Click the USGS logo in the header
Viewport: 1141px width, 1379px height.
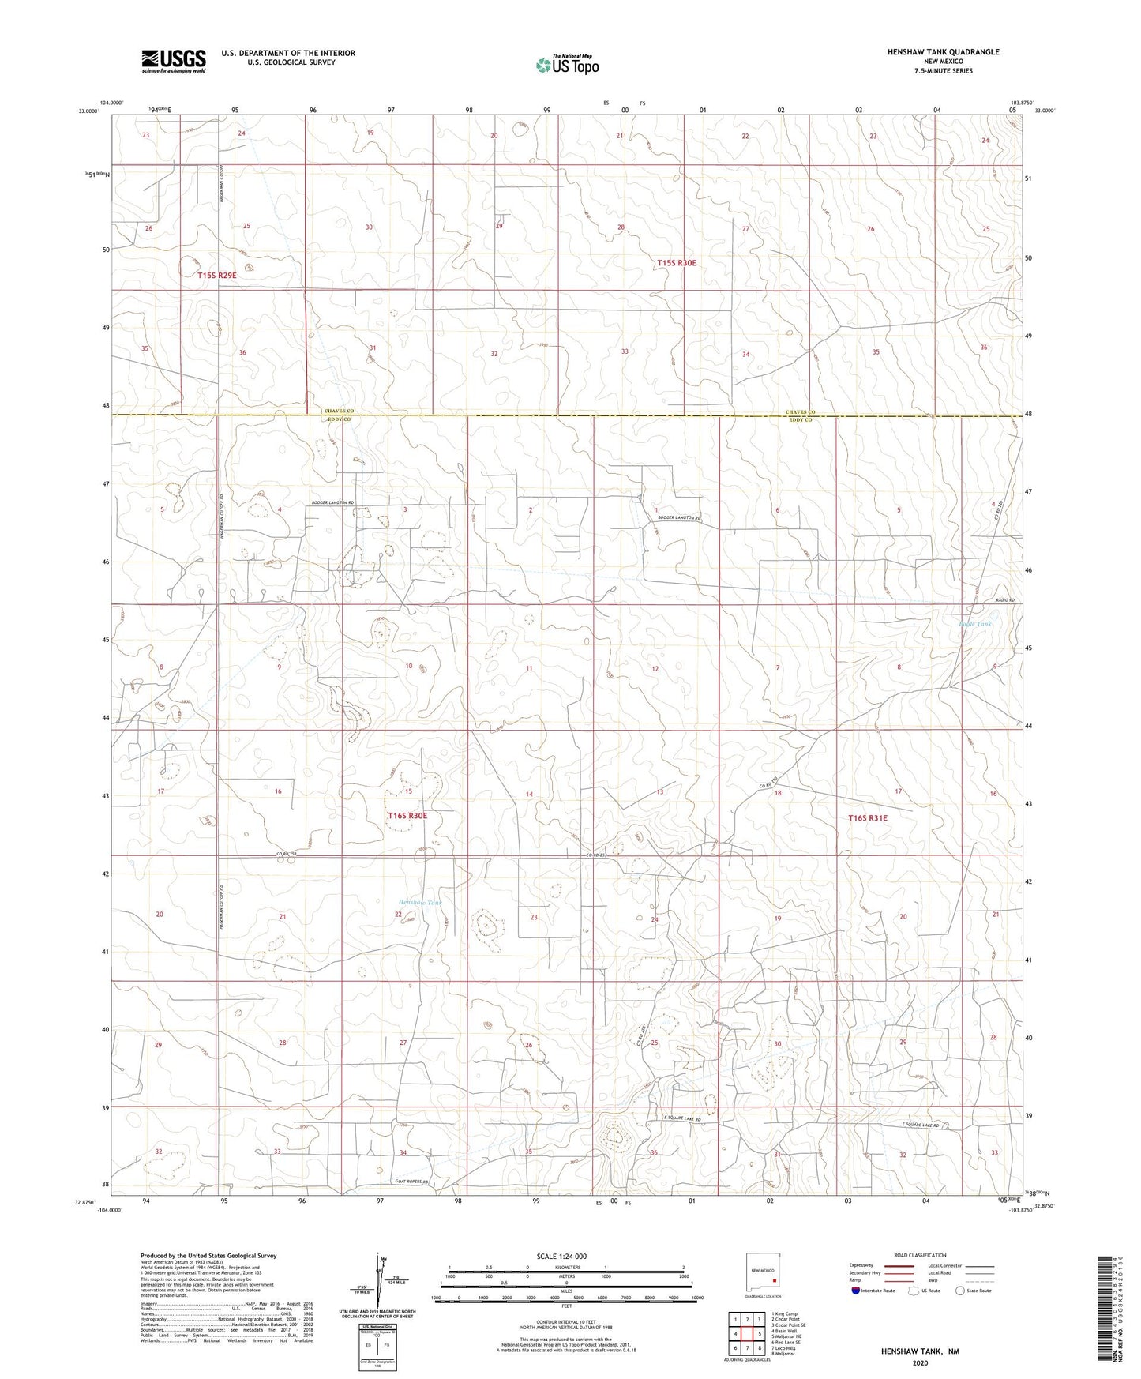[x=174, y=60]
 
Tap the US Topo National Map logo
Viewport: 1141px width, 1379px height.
[x=565, y=65]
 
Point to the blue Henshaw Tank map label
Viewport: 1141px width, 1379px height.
[x=420, y=902]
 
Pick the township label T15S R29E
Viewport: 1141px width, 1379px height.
[x=216, y=275]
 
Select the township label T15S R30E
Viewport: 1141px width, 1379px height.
[x=677, y=262]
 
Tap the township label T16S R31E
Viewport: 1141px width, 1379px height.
[x=867, y=818]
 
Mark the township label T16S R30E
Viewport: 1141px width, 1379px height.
[x=407, y=815]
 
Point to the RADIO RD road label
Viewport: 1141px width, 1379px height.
[x=1003, y=601]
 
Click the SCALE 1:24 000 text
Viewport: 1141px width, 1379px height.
[x=561, y=1256]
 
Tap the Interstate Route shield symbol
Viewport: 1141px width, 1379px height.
[x=856, y=1291]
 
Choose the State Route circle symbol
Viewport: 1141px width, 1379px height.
[x=959, y=1291]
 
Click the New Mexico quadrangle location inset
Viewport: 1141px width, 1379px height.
[x=763, y=1273]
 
